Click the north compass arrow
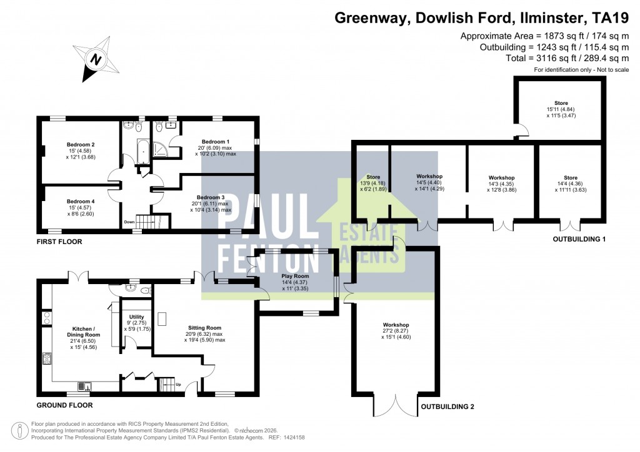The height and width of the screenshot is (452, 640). pyautogui.click(x=94, y=61)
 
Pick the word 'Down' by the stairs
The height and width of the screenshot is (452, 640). pyautogui.click(x=129, y=222)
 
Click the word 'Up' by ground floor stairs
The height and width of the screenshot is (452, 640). pyautogui.click(x=179, y=384)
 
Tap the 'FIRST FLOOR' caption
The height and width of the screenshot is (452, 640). pyautogui.click(x=59, y=241)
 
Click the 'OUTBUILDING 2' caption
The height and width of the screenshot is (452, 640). pyautogui.click(x=446, y=407)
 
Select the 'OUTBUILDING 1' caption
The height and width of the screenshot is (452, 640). pyautogui.click(x=579, y=239)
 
